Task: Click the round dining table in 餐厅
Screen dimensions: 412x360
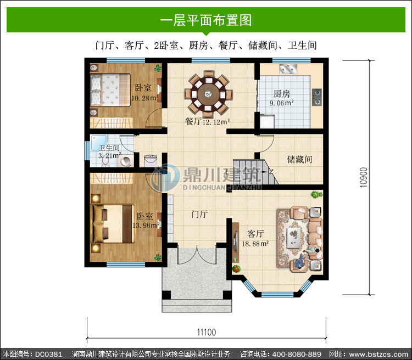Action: [x=208, y=94]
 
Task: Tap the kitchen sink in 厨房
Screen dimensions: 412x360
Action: [x=288, y=69]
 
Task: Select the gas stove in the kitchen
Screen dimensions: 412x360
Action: [x=317, y=97]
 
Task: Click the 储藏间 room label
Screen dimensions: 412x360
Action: [x=299, y=159]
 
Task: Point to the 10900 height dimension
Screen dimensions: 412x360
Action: [x=364, y=177]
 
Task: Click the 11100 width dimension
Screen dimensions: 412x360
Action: [x=207, y=333]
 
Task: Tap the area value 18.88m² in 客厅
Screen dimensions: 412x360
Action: [x=255, y=244]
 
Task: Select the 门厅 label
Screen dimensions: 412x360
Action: [x=199, y=214]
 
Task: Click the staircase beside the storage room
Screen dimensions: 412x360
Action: [x=255, y=172]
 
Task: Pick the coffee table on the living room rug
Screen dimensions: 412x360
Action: [x=293, y=238]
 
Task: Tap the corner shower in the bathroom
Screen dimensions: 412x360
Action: [x=98, y=143]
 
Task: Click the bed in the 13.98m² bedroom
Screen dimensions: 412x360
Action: [x=113, y=224]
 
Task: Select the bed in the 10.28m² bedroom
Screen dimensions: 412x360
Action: [x=110, y=90]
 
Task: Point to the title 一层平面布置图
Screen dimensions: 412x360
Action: [x=206, y=20]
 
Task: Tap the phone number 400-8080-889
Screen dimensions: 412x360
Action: [x=297, y=354]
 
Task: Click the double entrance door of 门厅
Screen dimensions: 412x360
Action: [x=197, y=255]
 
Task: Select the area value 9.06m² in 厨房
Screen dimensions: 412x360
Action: [x=281, y=103]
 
